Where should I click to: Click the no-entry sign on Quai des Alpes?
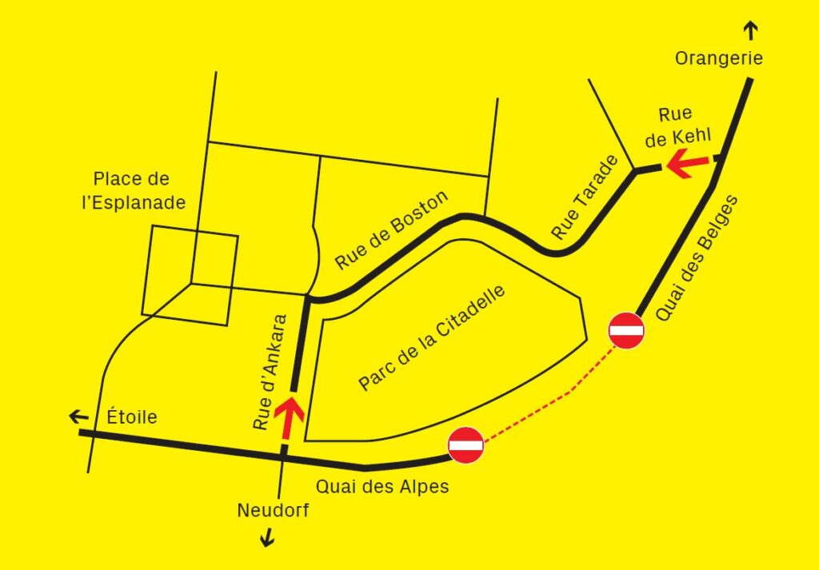[x=465, y=445]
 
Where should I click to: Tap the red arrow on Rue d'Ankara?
[x=289, y=417]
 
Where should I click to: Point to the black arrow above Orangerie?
[x=750, y=31]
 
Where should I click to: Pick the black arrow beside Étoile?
[x=78, y=417]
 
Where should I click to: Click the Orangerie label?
[x=719, y=58]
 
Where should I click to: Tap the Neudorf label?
[x=272, y=510]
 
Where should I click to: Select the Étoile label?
[x=132, y=417]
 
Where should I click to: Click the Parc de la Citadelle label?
[x=433, y=338]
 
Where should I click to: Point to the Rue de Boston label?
[x=391, y=230]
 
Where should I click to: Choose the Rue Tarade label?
[x=585, y=197]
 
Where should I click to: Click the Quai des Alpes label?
[x=382, y=486]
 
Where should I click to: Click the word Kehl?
[x=692, y=136]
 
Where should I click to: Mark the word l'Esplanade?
[x=134, y=202]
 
